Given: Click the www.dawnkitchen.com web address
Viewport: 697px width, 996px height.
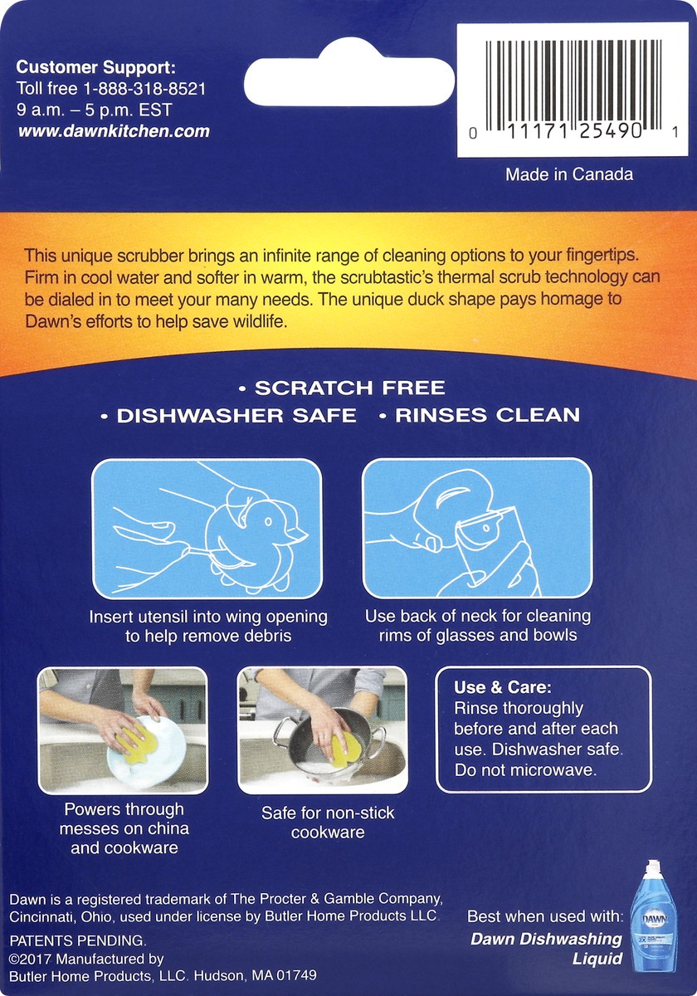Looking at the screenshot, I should pyautogui.click(x=113, y=131).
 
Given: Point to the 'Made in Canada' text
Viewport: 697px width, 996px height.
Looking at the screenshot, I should pyautogui.click(x=569, y=174).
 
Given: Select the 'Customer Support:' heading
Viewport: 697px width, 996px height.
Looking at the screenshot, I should pyautogui.click(x=96, y=68).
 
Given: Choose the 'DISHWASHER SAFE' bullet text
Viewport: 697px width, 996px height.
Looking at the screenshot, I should pyautogui.click(x=236, y=415).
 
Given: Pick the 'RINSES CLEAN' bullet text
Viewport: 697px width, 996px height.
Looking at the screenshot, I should pyautogui.click(x=487, y=415).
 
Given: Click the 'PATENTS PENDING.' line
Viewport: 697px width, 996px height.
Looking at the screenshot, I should pyautogui.click(x=77, y=941).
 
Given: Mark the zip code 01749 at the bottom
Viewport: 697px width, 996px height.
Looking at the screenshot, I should pyautogui.click(x=297, y=976).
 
